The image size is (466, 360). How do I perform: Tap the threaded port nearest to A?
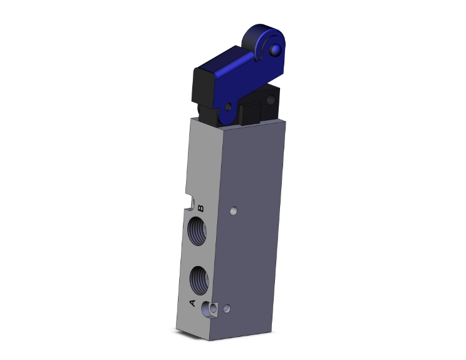pos(200,277)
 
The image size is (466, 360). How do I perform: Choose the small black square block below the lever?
pos(249,115)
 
